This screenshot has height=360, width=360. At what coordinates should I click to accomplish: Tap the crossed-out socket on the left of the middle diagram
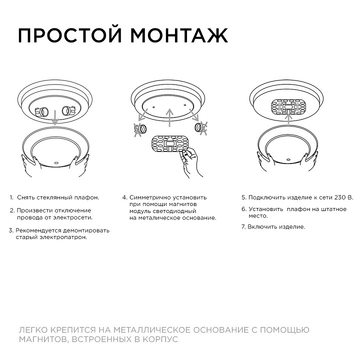pyautogui.click(x=140, y=130)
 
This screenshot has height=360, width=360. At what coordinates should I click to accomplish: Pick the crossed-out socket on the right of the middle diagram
pyautogui.click(x=202, y=128)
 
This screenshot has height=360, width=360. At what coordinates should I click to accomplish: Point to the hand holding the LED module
pyautogui.click(x=190, y=161)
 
